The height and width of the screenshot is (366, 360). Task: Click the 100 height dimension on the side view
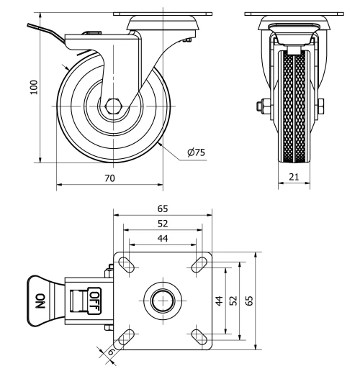pos(33,87)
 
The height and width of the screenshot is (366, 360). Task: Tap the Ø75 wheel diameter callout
pos(196,152)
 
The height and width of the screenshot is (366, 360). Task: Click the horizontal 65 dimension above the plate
pos(163,208)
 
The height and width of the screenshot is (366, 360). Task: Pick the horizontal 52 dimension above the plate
pos(163,223)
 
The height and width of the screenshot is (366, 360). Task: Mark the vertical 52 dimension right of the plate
pos(234,301)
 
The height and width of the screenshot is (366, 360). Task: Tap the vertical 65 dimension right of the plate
pos(250,301)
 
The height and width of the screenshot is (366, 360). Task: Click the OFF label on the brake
pos(94,299)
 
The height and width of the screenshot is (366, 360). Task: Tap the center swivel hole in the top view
pos(163,299)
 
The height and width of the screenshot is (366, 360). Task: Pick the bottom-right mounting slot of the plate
pos(198,334)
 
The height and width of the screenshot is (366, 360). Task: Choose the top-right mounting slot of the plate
pos(198,264)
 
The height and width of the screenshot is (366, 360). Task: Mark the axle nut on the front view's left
pos(261,106)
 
